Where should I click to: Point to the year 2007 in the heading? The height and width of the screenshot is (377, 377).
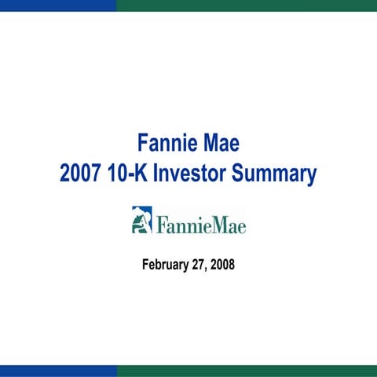pyautogui.click(x=82, y=174)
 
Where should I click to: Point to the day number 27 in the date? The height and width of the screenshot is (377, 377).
pyautogui.click(x=199, y=265)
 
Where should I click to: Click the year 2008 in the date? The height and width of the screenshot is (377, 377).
pyautogui.click(x=222, y=265)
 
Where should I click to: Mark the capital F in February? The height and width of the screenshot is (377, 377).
pyautogui.click(x=145, y=265)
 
